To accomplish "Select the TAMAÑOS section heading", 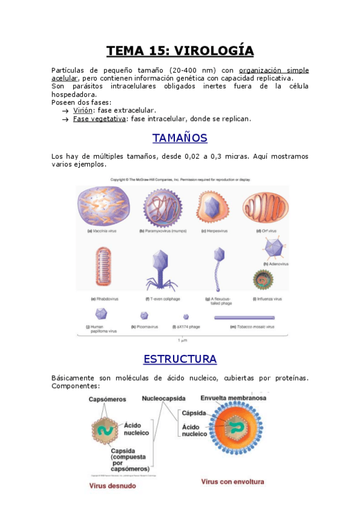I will [180, 138].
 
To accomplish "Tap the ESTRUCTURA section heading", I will [180, 359].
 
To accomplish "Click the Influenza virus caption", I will [267, 298].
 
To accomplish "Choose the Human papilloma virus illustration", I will [102, 314].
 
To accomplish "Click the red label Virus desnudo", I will [112, 486].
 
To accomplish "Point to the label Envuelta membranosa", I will [233, 398].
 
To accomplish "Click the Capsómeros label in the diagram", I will [108, 399].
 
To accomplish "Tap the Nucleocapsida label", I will [163, 398].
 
